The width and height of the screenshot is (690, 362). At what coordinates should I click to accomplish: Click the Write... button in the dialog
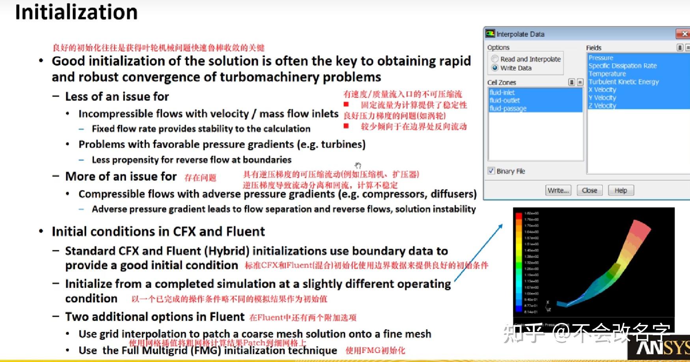click(558, 191)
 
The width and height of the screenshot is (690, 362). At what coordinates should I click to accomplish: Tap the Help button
click(621, 191)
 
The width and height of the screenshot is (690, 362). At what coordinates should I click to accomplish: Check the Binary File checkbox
click(491, 171)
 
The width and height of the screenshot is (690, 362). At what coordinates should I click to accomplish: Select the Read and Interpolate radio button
click(495, 59)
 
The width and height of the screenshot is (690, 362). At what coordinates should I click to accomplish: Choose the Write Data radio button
click(495, 68)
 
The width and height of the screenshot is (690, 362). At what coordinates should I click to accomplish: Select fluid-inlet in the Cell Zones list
click(502, 92)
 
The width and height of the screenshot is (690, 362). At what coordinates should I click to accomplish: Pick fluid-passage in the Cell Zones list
click(508, 108)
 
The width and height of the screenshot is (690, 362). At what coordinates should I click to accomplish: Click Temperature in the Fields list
click(607, 74)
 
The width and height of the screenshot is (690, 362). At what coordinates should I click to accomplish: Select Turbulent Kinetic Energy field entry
click(623, 82)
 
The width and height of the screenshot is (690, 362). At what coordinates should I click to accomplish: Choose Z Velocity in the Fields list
click(602, 105)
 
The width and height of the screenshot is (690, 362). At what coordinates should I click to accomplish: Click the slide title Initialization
click(76, 12)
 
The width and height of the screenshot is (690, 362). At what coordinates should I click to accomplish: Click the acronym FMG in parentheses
click(205, 351)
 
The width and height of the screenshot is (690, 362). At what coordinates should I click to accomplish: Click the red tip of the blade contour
click(642, 229)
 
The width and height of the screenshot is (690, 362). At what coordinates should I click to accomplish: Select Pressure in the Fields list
click(601, 58)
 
